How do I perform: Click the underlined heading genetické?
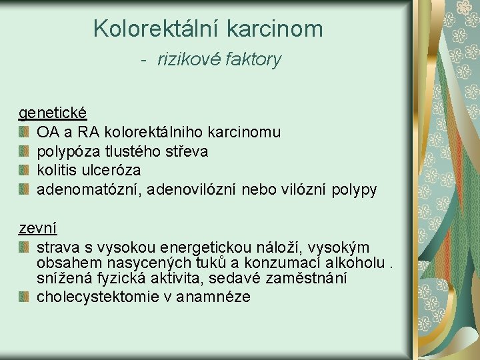[53, 113]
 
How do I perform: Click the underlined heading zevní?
[37, 228]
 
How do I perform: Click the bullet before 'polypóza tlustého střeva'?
[24, 152]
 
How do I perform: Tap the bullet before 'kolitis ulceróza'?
[24, 171]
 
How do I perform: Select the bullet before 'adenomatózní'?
[24, 190]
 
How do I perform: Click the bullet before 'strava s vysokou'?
[24, 248]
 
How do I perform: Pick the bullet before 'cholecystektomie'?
[24, 297]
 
